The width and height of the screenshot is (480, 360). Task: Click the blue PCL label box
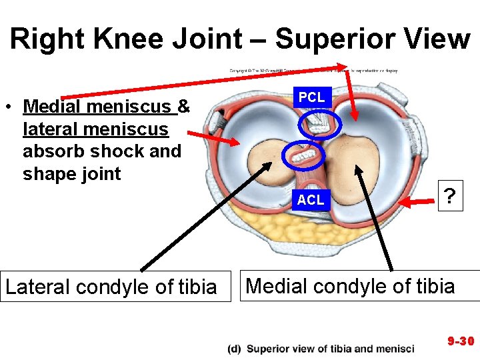[311, 97]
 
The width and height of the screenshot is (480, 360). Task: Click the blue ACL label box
[311, 199]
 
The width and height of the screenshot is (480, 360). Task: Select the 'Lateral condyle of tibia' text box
[111, 287]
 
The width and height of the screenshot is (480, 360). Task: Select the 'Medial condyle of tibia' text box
[351, 286]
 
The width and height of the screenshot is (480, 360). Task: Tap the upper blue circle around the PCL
[321, 123]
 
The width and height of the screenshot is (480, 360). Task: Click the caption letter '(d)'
[234, 349]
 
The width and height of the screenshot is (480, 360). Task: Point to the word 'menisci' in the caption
[394, 349]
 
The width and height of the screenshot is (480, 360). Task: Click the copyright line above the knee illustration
[313, 70]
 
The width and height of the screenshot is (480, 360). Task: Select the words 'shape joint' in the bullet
[72, 174]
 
